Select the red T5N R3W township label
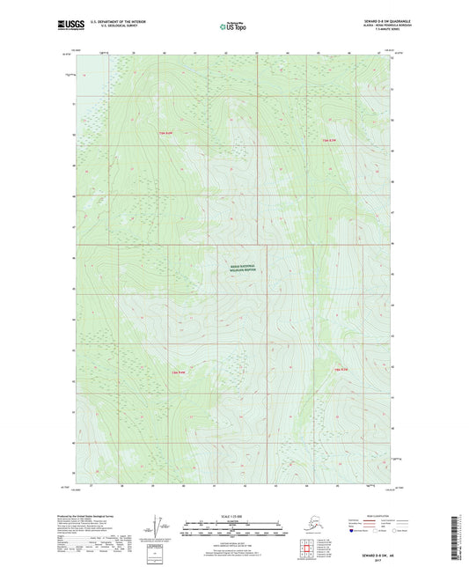click(x=327, y=141)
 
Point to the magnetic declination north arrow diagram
click(x=157, y=521)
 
